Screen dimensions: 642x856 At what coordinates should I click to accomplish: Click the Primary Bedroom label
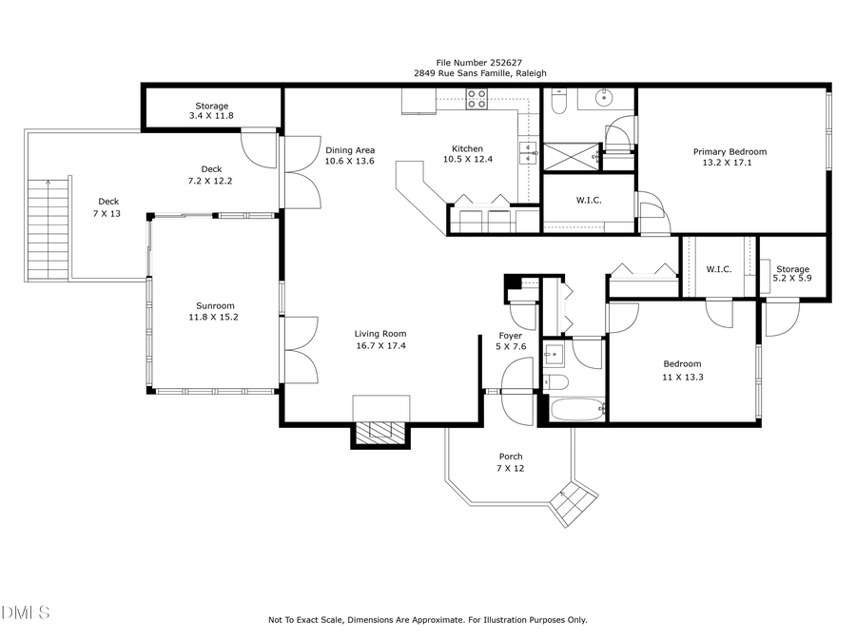click(730, 151)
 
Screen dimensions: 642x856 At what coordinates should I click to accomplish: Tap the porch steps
click(576, 502)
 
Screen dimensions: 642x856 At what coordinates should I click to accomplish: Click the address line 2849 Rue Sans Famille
click(479, 73)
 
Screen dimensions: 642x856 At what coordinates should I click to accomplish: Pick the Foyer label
click(510, 336)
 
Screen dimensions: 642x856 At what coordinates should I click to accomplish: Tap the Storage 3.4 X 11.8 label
click(211, 110)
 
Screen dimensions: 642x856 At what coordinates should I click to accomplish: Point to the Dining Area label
click(350, 150)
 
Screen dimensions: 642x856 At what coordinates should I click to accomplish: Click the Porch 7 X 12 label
click(510, 462)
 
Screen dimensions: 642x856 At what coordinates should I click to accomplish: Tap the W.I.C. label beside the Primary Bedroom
click(588, 200)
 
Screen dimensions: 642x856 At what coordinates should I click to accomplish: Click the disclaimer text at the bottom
click(427, 619)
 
